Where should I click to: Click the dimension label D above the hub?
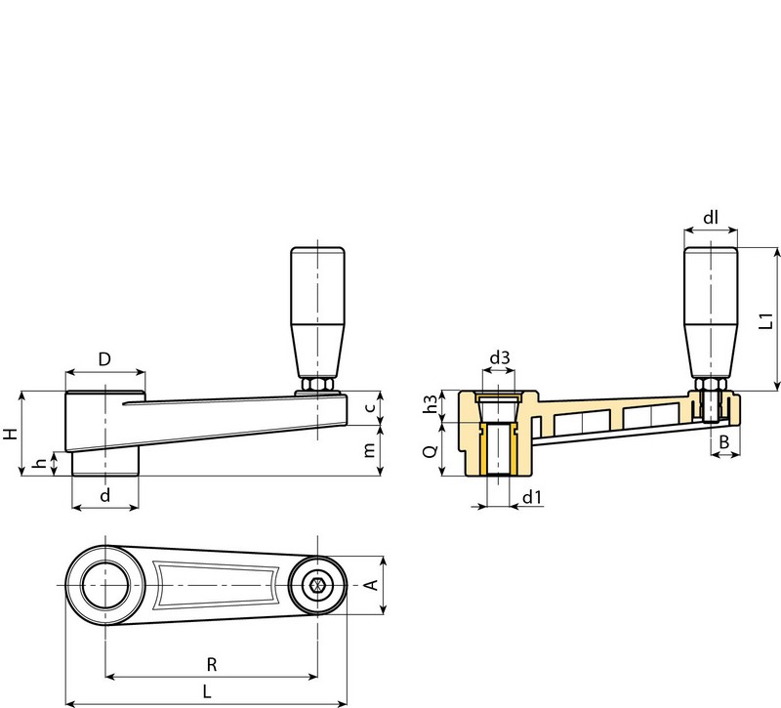[104, 360]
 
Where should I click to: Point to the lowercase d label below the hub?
[105, 495]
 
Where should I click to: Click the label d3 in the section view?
[499, 359]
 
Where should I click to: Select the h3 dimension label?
[430, 404]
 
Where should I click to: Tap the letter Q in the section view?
[430, 451]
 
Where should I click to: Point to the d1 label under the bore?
[531, 497]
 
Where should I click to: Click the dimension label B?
[723, 443]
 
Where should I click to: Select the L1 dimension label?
[767, 318]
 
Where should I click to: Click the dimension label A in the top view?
[370, 586]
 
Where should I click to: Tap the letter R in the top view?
[212, 664]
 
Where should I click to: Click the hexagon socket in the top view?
[317, 587]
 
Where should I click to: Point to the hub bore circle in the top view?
[104, 587]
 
